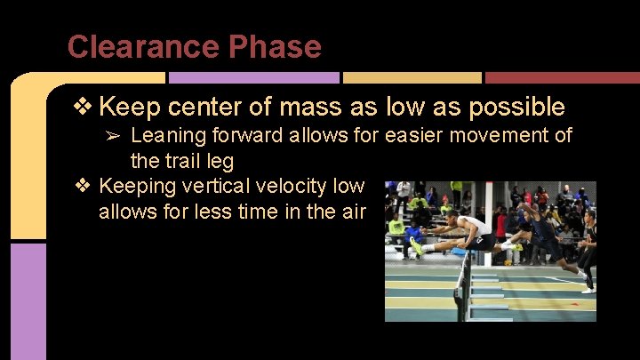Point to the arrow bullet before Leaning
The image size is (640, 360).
click(115, 136)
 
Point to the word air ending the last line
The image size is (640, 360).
click(348, 212)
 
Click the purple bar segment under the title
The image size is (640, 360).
click(253, 78)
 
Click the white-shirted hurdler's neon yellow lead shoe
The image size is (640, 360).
click(416, 246)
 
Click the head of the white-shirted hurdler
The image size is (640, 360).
click(452, 217)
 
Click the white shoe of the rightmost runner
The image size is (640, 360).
click(588, 290)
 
